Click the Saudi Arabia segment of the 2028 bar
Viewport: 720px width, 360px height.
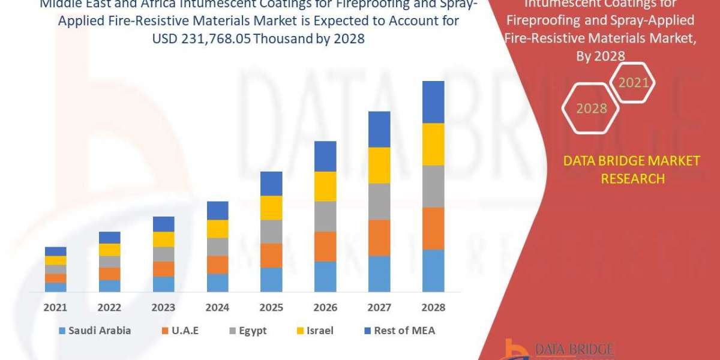[x=433, y=271]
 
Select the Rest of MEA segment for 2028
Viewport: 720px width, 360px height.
[x=433, y=102]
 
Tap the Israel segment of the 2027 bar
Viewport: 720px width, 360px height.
[x=379, y=165]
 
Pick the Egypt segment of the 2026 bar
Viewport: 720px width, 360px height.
[x=325, y=216]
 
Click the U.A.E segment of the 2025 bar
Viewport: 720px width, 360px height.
[x=271, y=255]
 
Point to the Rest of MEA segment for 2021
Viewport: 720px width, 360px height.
[x=56, y=251]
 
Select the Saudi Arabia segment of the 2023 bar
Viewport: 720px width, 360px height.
[x=164, y=284]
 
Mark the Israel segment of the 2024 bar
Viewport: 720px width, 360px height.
[x=218, y=229]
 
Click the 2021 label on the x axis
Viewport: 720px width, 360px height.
[x=56, y=307]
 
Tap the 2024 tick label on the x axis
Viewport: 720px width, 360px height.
[x=218, y=307]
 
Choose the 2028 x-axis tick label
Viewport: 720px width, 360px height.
[x=433, y=307]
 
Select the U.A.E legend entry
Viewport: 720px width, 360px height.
[x=179, y=331]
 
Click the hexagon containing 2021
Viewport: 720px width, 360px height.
[x=632, y=82]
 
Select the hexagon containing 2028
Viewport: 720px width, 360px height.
[x=592, y=109]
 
